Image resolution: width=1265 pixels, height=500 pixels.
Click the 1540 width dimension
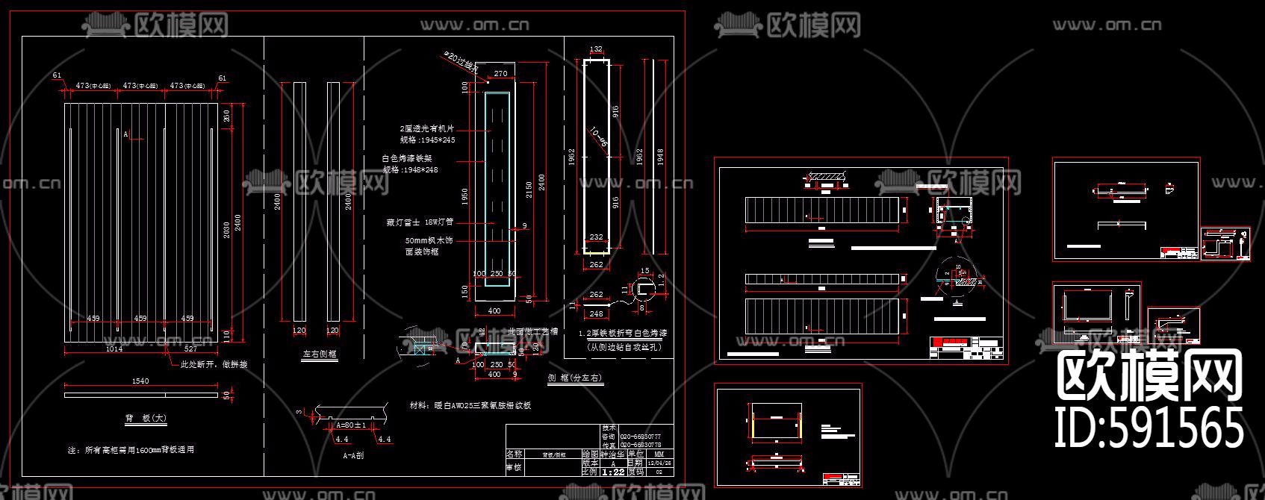click(140, 381)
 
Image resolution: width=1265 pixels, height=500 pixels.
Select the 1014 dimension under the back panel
click(114, 349)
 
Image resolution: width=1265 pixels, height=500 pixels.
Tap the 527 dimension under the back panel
click(190, 349)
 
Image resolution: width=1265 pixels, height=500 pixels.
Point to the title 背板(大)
click(146, 419)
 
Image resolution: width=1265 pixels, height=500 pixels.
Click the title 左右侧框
click(320, 356)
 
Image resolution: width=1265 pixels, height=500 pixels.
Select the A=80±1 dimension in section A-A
click(349, 425)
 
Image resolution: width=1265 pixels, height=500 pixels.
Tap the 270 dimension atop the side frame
click(500, 74)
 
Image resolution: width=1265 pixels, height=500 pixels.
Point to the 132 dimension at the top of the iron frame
click(596, 49)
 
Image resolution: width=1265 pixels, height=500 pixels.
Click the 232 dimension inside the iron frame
click(596, 237)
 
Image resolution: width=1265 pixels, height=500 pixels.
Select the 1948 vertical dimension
click(660, 156)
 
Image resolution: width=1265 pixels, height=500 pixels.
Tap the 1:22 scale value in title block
click(613, 472)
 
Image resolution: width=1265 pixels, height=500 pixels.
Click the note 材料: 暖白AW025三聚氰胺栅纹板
click(470, 406)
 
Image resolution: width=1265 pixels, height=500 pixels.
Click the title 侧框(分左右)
click(575, 378)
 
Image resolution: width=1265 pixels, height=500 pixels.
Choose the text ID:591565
click(1149, 428)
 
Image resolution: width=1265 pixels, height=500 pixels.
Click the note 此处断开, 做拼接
click(214, 365)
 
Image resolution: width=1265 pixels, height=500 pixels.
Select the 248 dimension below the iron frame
click(596, 314)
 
